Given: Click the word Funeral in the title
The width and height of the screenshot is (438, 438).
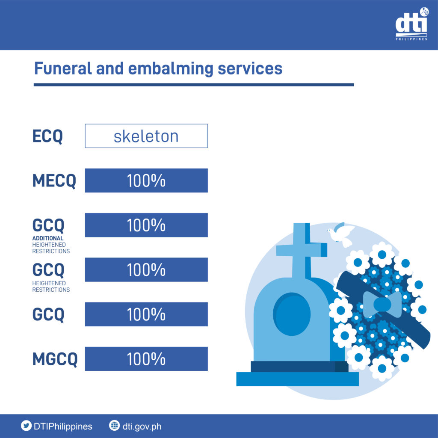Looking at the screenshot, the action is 63,68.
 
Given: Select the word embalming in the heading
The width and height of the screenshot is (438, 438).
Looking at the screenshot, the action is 171,69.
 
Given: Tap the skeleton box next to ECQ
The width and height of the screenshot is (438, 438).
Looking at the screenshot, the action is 146,136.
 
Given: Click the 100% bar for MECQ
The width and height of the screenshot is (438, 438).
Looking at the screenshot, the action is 146,181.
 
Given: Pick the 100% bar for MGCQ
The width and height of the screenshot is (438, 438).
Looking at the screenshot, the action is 146,359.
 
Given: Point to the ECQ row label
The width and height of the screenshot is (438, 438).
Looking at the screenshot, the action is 47,136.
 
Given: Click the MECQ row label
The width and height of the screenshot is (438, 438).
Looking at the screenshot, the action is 54,181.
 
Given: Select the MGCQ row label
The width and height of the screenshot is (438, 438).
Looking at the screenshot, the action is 55,359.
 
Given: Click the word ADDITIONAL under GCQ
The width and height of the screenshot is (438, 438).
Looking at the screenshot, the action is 48,238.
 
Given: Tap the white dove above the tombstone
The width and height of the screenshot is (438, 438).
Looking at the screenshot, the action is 341,234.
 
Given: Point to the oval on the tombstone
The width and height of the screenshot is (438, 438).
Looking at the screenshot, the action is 292,314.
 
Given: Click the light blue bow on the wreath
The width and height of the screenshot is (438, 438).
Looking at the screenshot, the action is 382,305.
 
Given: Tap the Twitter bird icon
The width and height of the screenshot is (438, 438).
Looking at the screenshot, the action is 26,426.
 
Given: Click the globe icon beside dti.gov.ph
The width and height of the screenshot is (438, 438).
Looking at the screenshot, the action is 114,426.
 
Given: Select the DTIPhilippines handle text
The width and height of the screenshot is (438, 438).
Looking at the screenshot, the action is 63,426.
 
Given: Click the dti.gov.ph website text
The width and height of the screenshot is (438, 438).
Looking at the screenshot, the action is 142,427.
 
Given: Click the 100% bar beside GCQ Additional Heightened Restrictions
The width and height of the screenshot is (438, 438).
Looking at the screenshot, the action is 146,225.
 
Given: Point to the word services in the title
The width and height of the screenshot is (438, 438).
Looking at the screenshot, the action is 250,69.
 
